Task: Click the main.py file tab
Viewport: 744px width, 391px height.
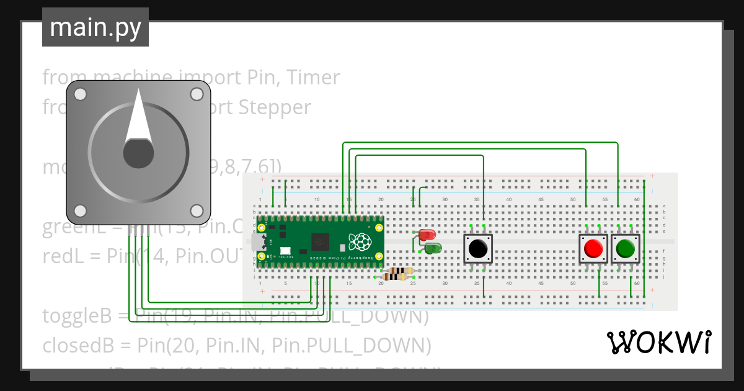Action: coord(95,27)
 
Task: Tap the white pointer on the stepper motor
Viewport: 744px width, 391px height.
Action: coord(138,117)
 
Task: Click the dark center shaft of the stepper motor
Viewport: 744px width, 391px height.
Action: coord(138,153)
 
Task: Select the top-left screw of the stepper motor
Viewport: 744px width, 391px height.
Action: coord(80,94)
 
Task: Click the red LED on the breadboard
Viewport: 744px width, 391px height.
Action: coord(427,235)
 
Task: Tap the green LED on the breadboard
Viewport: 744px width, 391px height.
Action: coord(433,248)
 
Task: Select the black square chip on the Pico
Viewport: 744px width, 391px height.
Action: coord(321,240)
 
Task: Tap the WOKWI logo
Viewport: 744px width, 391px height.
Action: coord(658,342)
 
